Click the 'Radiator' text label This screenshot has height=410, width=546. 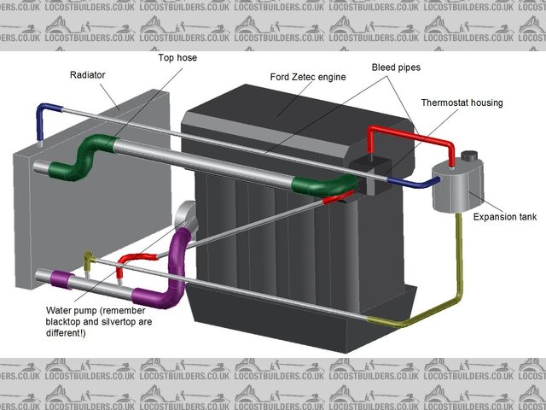(x=87, y=75)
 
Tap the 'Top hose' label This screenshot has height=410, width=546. (x=177, y=58)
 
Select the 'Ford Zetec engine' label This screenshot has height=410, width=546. (x=307, y=76)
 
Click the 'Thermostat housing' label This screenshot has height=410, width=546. (x=462, y=102)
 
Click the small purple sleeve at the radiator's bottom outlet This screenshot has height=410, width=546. (x=61, y=278)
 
